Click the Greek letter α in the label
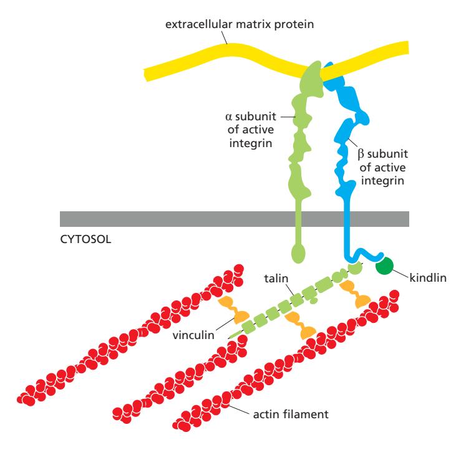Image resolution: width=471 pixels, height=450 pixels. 228,117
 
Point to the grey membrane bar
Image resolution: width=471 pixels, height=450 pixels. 156,219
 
